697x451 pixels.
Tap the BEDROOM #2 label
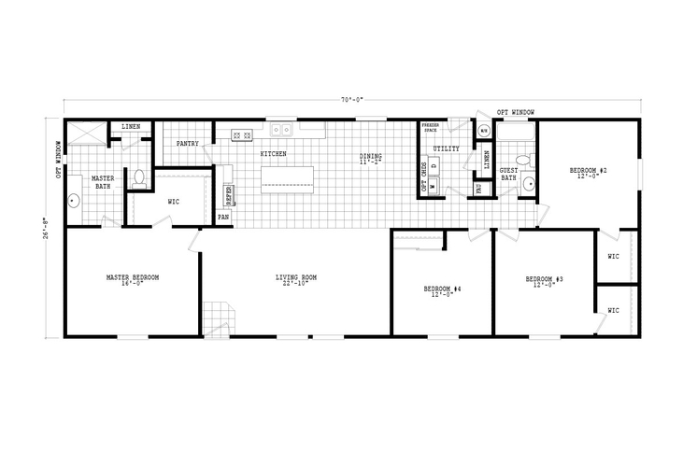(590, 171)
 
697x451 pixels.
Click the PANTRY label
(187, 144)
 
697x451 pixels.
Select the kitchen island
(286, 177)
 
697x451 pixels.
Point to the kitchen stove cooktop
(242, 136)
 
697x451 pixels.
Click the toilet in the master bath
(138, 176)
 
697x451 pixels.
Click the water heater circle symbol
(484, 132)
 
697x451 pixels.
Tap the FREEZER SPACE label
(430, 127)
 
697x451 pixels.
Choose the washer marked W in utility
(433, 184)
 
